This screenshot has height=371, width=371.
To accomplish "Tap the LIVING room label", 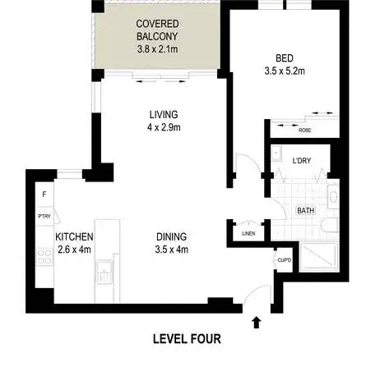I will (162, 115).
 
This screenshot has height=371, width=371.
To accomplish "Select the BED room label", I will (285, 58).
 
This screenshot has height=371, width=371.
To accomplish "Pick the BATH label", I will (305, 211).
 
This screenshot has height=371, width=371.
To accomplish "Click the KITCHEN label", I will (73, 236).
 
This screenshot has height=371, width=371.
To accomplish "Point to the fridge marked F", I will (44, 195).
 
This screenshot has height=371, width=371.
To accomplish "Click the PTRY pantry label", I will (44, 217).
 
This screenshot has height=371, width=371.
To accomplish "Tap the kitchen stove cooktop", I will (43, 260).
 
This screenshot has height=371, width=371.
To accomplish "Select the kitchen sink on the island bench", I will (104, 271).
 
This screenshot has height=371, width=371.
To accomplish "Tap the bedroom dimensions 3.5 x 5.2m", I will (285, 71).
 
